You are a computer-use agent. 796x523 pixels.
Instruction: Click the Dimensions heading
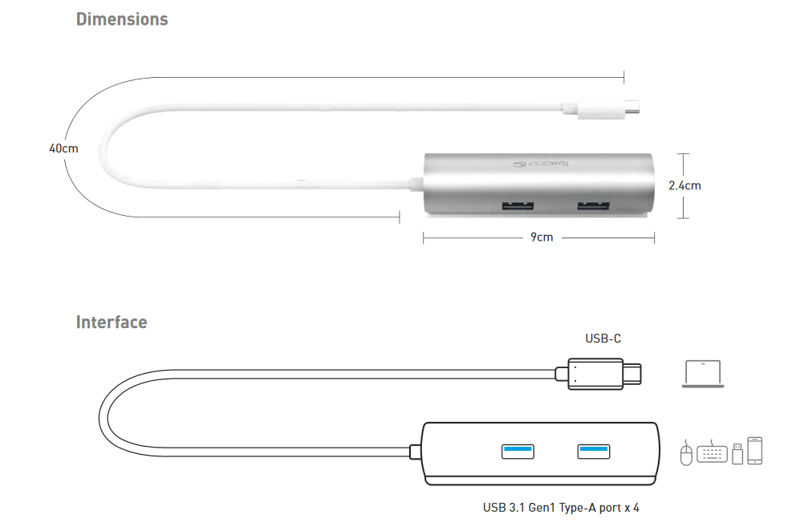coord(122,19)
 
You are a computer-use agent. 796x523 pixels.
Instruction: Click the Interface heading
coord(112,322)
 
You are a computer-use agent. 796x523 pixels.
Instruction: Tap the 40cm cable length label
coord(63,148)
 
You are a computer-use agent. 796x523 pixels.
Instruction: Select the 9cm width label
coord(542,237)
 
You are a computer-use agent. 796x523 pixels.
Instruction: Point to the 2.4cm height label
coord(684,185)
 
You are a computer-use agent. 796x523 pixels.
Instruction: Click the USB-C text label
coord(603,339)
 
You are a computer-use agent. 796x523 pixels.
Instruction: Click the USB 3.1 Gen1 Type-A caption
coord(561,507)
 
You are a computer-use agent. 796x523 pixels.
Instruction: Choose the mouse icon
coord(686,453)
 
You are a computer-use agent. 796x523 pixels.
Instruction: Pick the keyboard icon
coord(712,454)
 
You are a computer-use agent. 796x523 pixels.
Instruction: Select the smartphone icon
coord(754,450)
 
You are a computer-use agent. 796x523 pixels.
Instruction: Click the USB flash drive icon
coord(737,455)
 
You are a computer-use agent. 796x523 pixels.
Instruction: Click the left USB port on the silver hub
coord(518,207)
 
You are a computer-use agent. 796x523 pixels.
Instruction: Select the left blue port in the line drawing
coord(518,451)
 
